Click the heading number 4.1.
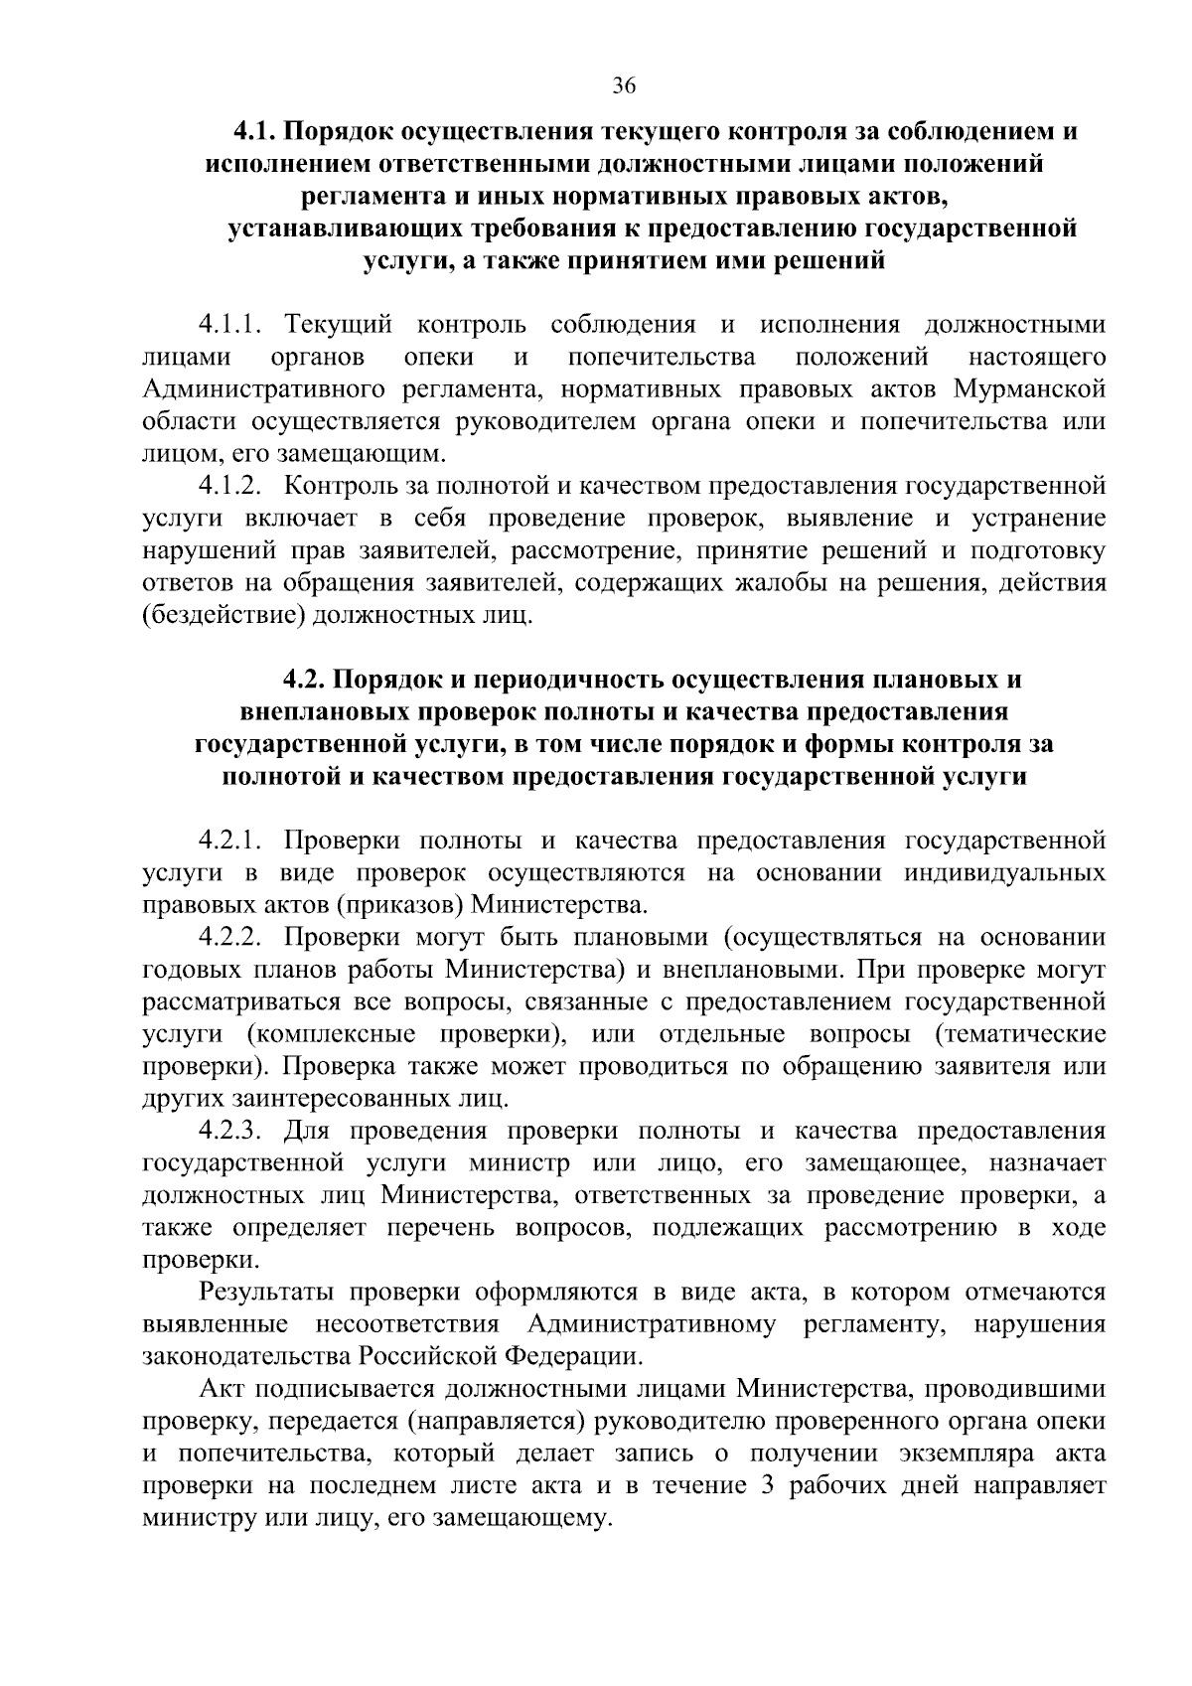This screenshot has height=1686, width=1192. point(256,131)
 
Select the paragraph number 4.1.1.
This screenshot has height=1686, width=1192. point(228,324)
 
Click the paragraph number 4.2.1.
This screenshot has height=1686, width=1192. point(228,841)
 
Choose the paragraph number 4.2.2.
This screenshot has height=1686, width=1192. point(228,937)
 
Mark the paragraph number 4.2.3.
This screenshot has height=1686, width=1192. point(228,1131)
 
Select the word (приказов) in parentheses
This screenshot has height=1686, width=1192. point(400,905)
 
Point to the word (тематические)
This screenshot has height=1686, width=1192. point(1019,1034)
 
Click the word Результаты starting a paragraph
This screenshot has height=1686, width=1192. point(262,1292)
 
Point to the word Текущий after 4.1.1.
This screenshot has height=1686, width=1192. point(338,324)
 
